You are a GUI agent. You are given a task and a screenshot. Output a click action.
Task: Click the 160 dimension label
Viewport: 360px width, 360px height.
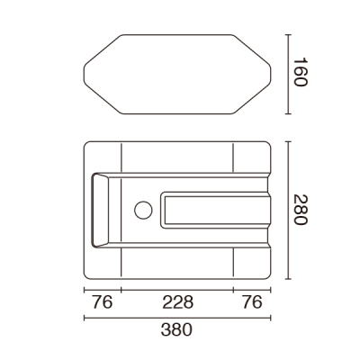[x=301, y=72]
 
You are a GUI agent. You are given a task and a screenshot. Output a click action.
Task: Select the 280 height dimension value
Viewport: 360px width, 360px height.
[x=301, y=210]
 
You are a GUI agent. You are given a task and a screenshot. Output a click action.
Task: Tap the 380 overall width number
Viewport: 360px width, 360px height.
[x=176, y=330]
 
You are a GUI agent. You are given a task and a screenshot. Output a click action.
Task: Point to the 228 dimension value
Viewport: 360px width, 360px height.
[x=178, y=302]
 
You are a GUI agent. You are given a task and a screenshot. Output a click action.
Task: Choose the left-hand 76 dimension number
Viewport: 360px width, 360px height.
[x=103, y=302]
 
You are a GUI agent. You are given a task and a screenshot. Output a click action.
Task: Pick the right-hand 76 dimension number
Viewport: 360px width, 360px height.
[x=252, y=302]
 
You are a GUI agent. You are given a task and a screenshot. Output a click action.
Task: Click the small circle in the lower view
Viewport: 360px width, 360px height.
[x=143, y=210]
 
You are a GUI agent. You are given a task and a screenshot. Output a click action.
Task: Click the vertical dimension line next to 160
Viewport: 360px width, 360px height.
[x=288, y=75]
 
